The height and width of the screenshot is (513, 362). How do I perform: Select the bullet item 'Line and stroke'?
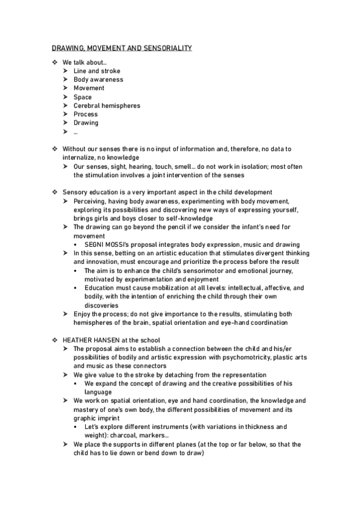97,71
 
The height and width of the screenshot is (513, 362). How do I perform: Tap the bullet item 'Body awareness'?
98,79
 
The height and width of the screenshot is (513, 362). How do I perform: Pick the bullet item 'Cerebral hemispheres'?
106,105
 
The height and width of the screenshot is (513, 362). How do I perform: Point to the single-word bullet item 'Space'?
83,97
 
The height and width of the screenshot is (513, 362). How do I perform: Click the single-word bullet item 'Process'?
86,114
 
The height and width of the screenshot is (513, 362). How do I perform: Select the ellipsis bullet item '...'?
76,131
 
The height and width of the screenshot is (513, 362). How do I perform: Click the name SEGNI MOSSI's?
109,244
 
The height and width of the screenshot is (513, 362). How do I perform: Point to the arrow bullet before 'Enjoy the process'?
65,314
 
